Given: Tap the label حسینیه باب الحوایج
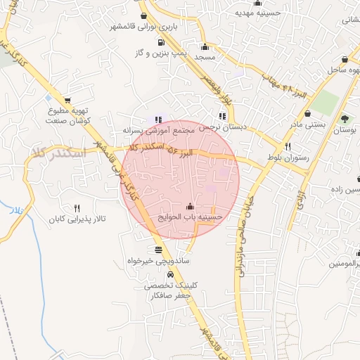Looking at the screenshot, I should pos(192,217).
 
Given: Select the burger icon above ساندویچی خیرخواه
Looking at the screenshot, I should pos(158,249).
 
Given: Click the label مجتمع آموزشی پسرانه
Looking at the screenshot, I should pos(157,131).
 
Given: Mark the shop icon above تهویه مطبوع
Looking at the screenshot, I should pos(67,101).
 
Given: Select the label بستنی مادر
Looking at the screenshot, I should pos(309,124).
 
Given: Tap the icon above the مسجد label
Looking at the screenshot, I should pos(205,46).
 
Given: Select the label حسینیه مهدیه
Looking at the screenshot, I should pos(257,13).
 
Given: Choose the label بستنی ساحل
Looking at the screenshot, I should pos(344,70).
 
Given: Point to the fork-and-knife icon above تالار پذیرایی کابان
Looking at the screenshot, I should pos(77,208).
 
